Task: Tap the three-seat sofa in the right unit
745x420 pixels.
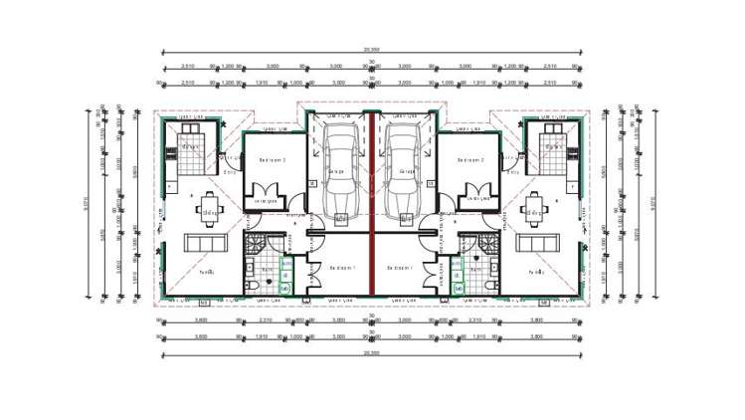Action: (x=538, y=245)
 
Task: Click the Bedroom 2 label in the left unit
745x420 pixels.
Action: (x=273, y=159)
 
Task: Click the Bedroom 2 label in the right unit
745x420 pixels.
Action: (x=471, y=159)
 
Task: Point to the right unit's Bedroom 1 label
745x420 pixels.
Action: (x=400, y=267)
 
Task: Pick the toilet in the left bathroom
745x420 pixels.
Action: (x=252, y=286)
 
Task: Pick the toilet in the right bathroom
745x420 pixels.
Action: (x=492, y=286)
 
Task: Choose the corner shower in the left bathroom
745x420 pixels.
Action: (x=253, y=244)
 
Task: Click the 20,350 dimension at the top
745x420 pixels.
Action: (x=372, y=49)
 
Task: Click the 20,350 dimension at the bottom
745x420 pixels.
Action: (x=372, y=352)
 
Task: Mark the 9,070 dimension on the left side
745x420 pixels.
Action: (x=88, y=203)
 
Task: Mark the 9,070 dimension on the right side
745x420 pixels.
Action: (x=657, y=203)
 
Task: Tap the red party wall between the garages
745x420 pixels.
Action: (x=372, y=199)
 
